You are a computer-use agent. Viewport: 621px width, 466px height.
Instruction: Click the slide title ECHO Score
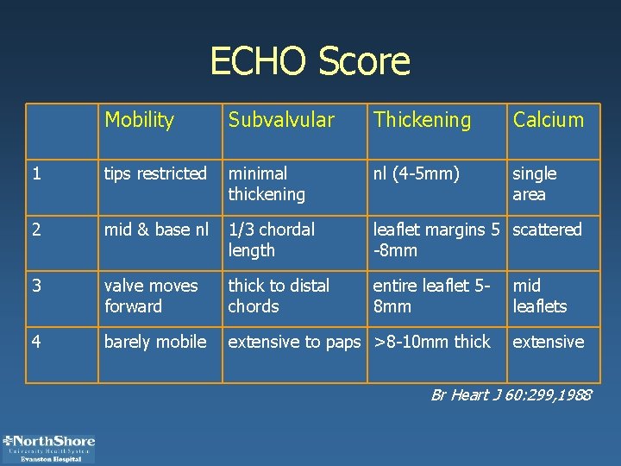click(x=310, y=61)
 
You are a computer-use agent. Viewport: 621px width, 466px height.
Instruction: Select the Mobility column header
click(x=139, y=120)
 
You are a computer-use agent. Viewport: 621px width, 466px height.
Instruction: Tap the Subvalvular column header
click(x=280, y=120)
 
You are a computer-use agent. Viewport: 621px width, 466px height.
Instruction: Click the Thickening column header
click(x=422, y=120)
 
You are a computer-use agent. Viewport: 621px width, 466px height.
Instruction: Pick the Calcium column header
click(x=548, y=120)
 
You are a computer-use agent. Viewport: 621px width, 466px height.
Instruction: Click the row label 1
click(x=36, y=173)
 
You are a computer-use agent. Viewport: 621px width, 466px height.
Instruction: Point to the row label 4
click(x=36, y=342)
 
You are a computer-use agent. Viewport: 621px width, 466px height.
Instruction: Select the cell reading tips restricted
click(x=155, y=173)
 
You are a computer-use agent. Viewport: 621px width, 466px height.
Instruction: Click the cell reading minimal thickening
click(x=267, y=184)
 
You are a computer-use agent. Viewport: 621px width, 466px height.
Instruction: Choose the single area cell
click(x=535, y=184)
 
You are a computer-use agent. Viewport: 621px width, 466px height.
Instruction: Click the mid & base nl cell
click(x=156, y=230)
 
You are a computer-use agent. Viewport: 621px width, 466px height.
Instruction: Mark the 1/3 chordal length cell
click(x=271, y=240)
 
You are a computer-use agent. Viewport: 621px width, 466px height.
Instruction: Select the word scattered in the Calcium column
click(x=548, y=230)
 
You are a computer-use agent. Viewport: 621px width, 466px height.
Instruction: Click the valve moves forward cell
click(x=151, y=296)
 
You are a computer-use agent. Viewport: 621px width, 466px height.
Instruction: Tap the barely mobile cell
click(x=155, y=342)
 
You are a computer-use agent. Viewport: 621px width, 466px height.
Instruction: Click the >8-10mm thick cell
click(x=431, y=342)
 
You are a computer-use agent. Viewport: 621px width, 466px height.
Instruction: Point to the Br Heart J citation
click(x=511, y=395)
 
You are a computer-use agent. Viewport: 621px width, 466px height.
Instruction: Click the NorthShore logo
click(x=49, y=448)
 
